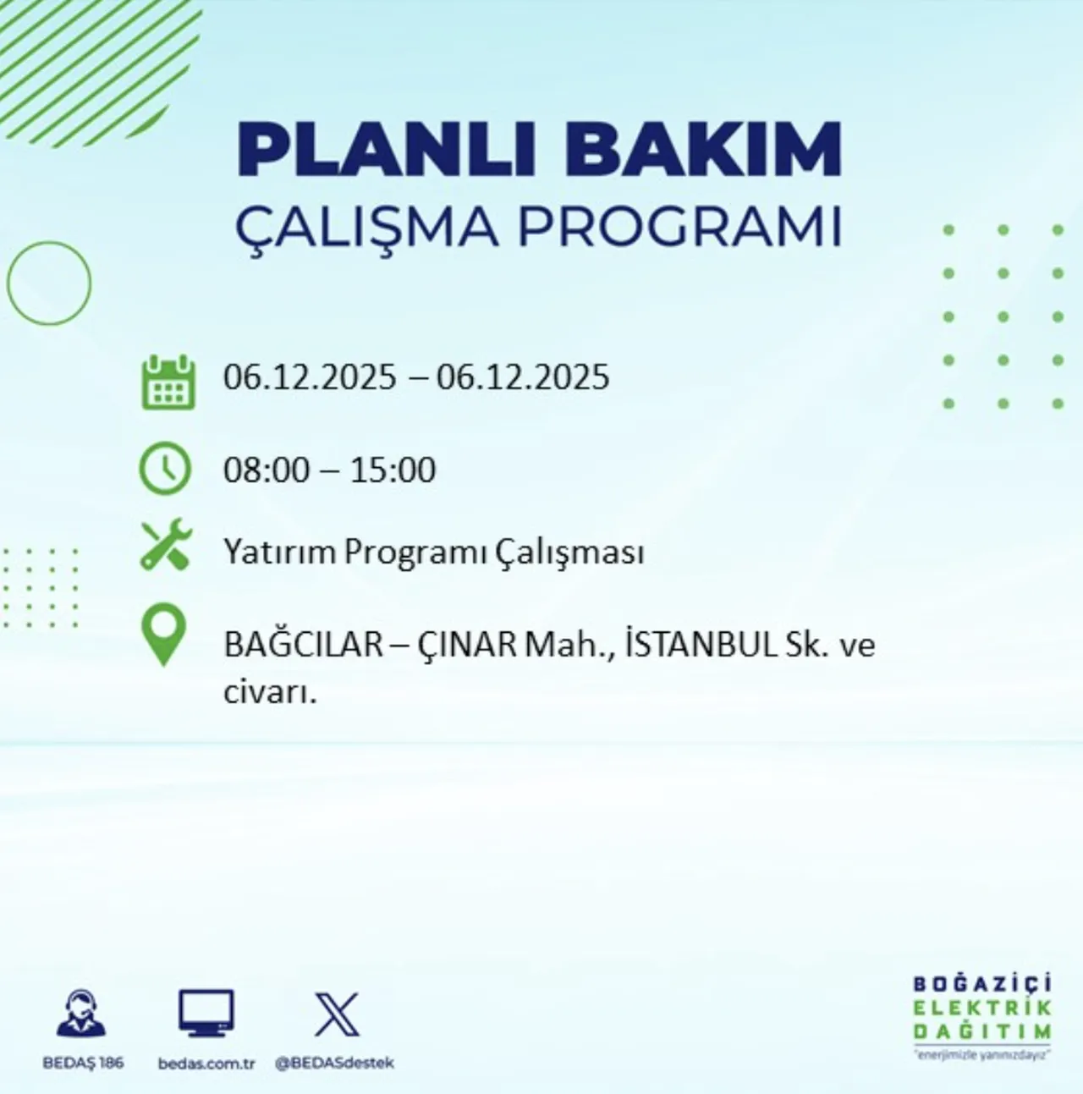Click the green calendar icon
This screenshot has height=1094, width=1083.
168,383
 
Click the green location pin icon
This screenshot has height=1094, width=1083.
163,635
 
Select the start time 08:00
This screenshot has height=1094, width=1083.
267,470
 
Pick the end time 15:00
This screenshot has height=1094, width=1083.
393,470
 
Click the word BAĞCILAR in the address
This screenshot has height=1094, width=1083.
303,645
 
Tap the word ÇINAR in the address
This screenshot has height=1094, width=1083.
466,645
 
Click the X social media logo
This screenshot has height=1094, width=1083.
336,1014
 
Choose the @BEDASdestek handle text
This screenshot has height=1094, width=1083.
335,1063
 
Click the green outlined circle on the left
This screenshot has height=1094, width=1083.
49,283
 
